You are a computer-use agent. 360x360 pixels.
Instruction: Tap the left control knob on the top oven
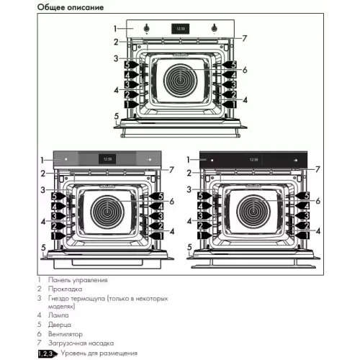[147, 29]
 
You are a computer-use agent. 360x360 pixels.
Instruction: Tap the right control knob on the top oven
[215, 29]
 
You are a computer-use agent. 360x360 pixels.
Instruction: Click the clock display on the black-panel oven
[252, 158]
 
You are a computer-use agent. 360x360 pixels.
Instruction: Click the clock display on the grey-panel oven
[108, 158]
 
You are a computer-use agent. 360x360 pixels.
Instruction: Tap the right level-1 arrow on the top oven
[230, 104]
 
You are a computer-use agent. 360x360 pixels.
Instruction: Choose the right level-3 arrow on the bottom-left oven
[158, 215]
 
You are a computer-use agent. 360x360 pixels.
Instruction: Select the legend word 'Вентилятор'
[66, 334]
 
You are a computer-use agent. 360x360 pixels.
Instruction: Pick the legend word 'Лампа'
[58, 315]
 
